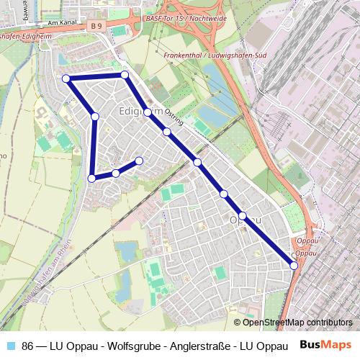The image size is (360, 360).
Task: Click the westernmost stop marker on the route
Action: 66,78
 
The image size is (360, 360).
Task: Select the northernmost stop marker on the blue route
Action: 125,74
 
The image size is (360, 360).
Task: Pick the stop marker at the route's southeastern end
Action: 294,266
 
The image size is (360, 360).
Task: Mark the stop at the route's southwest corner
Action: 91,178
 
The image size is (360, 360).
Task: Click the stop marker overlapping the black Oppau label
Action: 243,216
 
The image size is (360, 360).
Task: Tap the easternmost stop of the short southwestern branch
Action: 139,161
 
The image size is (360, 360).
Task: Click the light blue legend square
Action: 10,344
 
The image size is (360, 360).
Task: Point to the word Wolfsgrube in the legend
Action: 112,344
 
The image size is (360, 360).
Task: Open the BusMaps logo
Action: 325,343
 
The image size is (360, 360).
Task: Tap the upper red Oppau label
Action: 307,243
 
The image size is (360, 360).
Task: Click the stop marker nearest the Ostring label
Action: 166,132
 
